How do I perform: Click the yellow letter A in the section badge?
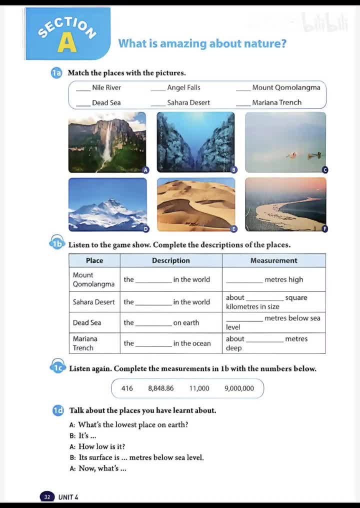[66, 43]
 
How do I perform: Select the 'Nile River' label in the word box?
[106, 87]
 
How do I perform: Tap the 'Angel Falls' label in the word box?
[183, 87]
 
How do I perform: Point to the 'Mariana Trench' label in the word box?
[276, 102]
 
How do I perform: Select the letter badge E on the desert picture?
[233, 229]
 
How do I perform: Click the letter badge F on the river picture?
[324, 229]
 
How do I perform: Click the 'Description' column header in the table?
[171, 260]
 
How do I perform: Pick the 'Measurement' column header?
[273, 260]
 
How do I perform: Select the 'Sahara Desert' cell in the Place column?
[94, 302]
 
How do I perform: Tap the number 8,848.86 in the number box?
[161, 388]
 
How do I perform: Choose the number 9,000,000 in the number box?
[239, 388]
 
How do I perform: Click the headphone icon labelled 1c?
[59, 368]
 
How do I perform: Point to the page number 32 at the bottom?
[47, 497]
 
